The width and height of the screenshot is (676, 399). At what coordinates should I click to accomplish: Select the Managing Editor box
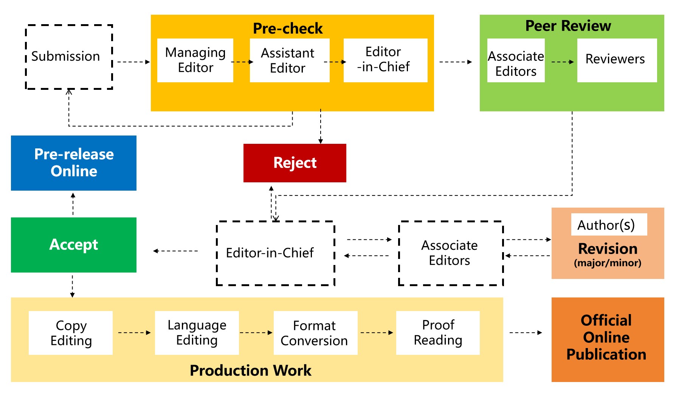click(x=195, y=60)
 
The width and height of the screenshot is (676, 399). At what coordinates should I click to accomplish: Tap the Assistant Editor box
click(x=290, y=60)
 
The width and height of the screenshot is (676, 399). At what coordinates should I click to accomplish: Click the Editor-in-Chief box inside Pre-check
click(x=385, y=60)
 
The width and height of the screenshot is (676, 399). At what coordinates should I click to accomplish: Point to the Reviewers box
click(x=617, y=60)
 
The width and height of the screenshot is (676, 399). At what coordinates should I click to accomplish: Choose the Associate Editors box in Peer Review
click(x=516, y=60)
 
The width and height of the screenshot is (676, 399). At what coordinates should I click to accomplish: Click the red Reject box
click(x=295, y=163)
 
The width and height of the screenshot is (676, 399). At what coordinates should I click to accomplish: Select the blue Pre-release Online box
click(x=74, y=163)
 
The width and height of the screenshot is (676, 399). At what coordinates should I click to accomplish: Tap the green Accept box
click(x=74, y=245)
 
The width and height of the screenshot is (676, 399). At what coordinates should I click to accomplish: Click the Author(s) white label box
click(x=609, y=225)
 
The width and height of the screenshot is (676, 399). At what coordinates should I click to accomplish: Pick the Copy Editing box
click(x=71, y=333)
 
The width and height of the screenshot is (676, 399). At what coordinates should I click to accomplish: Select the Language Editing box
click(x=197, y=333)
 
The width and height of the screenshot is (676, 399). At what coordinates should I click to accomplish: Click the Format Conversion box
click(x=316, y=333)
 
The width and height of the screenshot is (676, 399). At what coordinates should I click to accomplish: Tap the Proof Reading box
click(x=438, y=333)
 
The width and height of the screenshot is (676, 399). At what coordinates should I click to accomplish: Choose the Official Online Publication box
click(x=608, y=340)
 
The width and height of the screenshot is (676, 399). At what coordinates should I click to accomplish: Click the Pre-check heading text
click(x=288, y=28)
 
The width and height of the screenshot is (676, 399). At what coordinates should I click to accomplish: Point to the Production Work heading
click(x=251, y=370)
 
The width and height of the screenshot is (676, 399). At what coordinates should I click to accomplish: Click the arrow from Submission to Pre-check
click(x=134, y=62)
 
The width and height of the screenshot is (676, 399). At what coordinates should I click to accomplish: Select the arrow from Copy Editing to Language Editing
click(x=135, y=333)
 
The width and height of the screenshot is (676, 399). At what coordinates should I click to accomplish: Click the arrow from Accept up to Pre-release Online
click(x=73, y=204)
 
